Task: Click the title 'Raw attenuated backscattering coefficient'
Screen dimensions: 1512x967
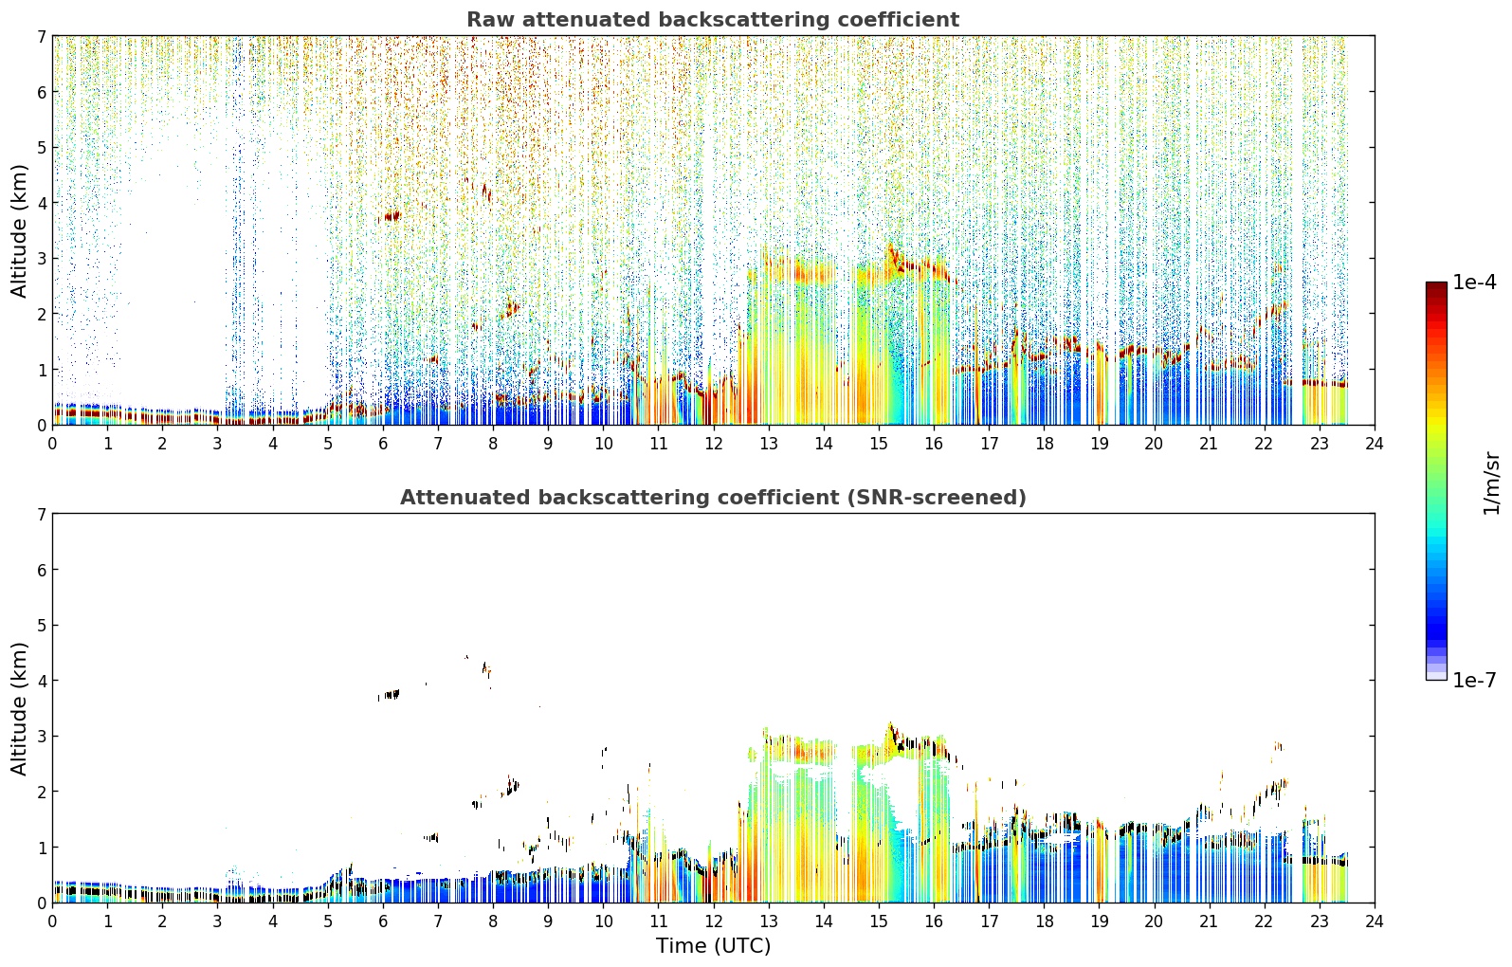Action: (x=713, y=20)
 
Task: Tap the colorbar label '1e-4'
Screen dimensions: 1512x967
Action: (x=1474, y=283)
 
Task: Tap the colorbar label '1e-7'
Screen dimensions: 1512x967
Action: (x=1474, y=680)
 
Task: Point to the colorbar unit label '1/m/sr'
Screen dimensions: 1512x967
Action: (x=1491, y=483)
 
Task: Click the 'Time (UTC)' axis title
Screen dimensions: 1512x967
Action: (x=713, y=945)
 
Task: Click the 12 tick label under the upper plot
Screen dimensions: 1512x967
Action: (x=714, y=444)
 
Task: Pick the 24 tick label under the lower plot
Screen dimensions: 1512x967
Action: (x=1375, y=921)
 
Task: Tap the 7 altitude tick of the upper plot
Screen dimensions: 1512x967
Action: (x=41, y=36)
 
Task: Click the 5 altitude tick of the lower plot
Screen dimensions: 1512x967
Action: (x=41, y=626)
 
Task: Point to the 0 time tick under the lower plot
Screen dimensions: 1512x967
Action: (x=53, y=921)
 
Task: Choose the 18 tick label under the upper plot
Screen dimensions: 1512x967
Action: (x=1045, y=444)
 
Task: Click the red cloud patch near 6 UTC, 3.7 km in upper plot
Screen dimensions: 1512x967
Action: (x=391, y=217)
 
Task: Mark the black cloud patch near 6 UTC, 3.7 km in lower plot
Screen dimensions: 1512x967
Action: (x=389, y=694)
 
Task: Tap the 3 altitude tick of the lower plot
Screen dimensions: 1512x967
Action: (x=41, y=736)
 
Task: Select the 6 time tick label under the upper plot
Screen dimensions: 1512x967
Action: (x=383, y=444)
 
